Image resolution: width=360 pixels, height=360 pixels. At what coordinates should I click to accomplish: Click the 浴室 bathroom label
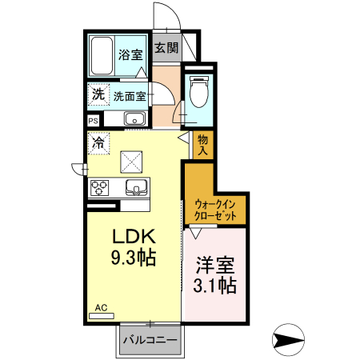click(x=130, y=55)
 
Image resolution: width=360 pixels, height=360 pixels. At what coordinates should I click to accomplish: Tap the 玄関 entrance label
click(x=166, y=48)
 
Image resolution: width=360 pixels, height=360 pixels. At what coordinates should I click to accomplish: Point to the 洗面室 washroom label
click(x=129, y=96)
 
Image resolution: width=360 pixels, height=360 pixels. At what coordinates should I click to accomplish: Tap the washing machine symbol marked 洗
click(x=98, y=94)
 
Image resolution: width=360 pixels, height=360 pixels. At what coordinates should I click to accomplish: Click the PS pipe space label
click(x=94, y=121)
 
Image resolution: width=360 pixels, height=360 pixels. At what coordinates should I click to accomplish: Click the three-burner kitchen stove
click(x=101, y=188)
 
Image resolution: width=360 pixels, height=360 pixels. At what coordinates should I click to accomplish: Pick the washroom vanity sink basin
click(x=134, y=120)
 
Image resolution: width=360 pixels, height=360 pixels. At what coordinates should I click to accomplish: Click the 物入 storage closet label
click(x=203, y=144)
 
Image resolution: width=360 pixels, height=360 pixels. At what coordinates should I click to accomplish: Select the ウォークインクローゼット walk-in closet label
click(x=214, y=210)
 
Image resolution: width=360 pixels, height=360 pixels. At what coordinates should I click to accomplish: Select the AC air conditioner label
click(x=101, y=307)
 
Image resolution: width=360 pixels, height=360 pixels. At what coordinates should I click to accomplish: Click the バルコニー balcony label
click(x=150, y=339)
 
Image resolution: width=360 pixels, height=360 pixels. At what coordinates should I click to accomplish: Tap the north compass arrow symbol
click(x=288, y=339)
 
